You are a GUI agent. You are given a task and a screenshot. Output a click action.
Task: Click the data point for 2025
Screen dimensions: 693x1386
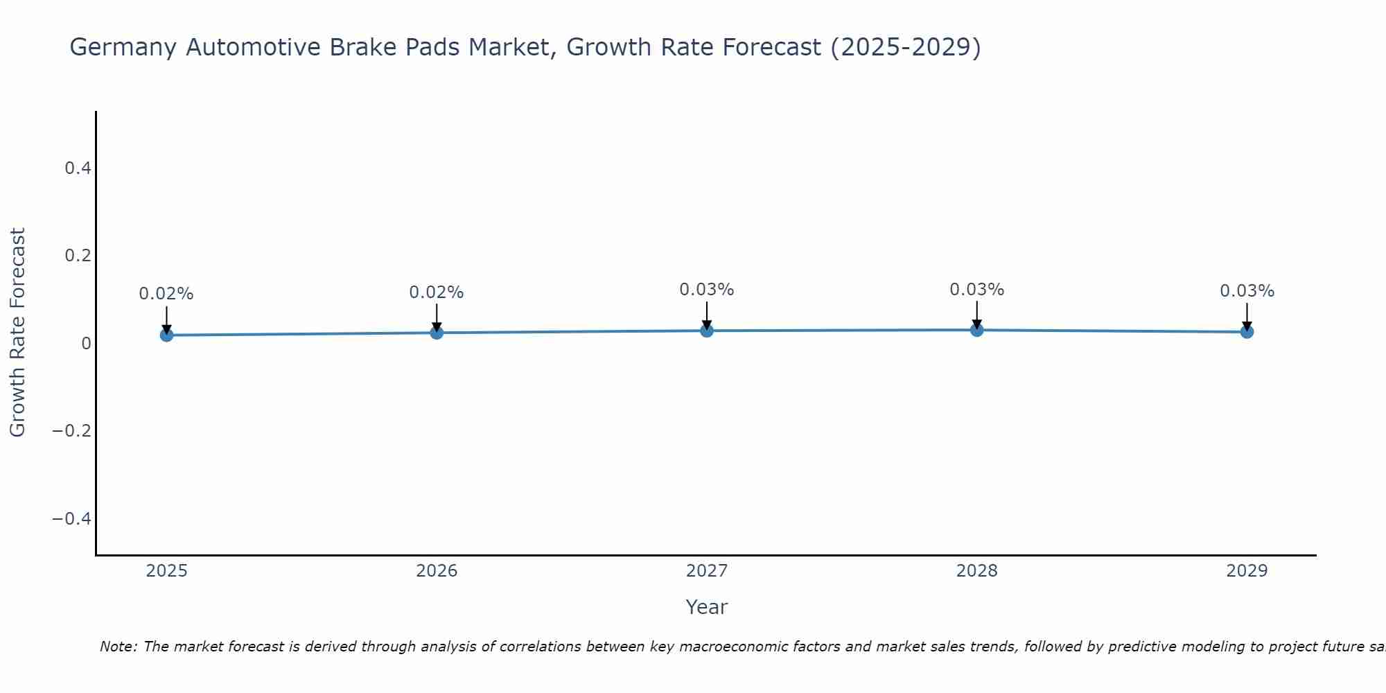(166, 335)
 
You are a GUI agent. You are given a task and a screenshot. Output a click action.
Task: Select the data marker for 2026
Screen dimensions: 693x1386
(437, 333)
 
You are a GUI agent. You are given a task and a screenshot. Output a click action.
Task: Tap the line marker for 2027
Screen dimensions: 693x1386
(707, 331)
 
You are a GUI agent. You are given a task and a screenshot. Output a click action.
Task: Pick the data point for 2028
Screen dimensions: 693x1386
(976, 330)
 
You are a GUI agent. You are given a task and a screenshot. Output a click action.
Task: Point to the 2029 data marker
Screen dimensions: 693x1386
(1247, 332)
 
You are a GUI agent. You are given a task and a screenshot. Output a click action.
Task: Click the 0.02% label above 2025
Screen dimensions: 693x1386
(166, 294)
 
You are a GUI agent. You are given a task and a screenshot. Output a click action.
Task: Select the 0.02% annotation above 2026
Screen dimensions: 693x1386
(437, 292)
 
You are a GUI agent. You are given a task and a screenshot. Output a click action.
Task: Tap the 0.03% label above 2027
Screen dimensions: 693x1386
(707, 290)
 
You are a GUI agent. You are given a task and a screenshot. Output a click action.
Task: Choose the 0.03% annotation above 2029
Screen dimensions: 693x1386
(1247, 291)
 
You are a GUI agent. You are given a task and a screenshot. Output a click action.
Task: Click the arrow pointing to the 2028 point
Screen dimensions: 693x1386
(976, 315)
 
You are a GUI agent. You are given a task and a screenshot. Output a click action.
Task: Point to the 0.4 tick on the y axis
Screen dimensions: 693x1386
(78, 168)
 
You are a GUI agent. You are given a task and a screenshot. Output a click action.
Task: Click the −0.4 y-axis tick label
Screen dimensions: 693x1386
(71, 519)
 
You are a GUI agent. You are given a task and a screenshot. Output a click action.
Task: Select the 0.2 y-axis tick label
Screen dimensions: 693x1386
(78, 256)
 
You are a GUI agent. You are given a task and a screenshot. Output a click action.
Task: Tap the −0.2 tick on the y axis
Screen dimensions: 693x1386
(71, 431)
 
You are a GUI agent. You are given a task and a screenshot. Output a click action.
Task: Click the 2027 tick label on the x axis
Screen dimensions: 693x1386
(707, 571)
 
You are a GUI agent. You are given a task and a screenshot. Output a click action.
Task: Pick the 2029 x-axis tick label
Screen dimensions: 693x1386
(1247, 571)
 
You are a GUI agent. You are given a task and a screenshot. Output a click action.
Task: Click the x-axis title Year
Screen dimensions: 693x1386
(706, 607)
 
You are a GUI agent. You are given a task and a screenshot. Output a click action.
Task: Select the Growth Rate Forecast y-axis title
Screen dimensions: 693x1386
(17, 332)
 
